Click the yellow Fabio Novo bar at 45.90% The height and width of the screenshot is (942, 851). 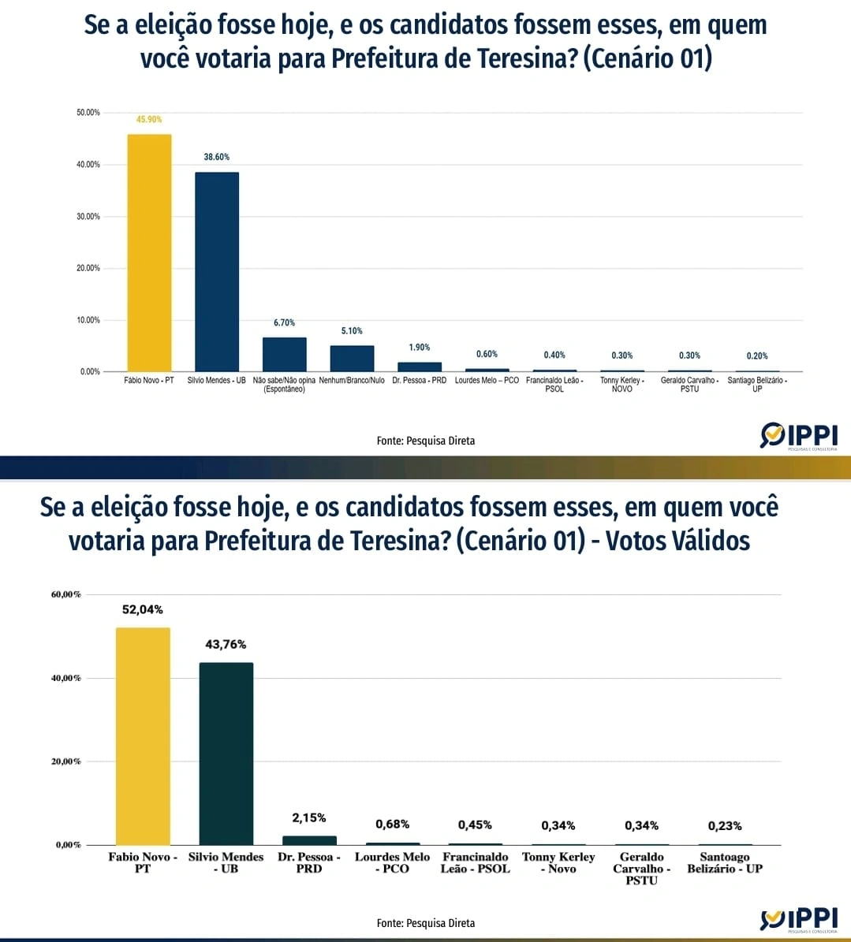click(149, 252)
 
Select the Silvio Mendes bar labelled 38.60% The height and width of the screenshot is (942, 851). click(217, 272)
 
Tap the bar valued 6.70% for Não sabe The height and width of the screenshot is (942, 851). click(284, 355)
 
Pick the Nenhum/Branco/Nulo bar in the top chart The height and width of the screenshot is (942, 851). click(352, 359)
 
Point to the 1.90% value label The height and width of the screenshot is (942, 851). click(420, 348)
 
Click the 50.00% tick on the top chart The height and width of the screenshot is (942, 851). click(88, 113)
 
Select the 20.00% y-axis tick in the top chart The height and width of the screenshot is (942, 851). click(88, 268)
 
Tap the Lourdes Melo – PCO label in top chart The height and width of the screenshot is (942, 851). click(487, 381)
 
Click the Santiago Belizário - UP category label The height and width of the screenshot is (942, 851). click(757, 385)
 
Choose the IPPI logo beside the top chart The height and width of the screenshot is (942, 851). click(799, 436)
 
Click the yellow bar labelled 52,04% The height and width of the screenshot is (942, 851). click(143, 735)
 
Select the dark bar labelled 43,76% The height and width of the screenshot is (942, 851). click(226, 753)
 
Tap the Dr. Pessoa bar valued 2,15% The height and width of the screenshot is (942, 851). click(309, 840)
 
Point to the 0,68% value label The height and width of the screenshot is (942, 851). click(392, 824)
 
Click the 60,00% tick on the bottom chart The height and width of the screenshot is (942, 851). click(66, 594)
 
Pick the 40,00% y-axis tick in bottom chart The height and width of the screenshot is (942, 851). click(66, 678)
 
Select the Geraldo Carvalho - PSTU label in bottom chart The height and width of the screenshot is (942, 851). click(641, 869)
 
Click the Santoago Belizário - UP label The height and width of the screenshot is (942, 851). click(725, 863)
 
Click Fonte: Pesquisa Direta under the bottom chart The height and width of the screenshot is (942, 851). click(426, 923)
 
